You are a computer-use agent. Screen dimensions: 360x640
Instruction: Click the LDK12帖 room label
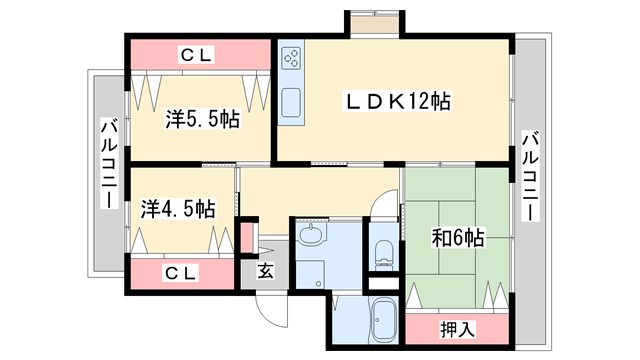[x=397, y=101]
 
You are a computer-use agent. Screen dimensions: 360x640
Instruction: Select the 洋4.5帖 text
[x=178, y=209]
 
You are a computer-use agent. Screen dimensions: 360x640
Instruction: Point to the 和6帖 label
[x=458, y=238]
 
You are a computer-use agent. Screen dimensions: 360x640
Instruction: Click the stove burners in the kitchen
[x=292, y=59]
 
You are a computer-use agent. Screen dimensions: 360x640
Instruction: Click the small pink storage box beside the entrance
[x=248, y=238]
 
